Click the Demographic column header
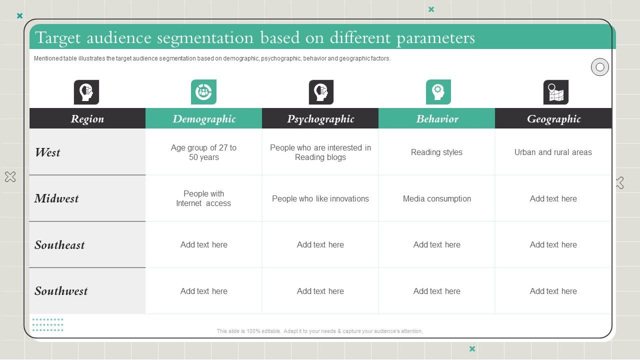pos(204,119)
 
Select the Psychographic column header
pos(320,119)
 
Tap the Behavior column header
pos(437,119)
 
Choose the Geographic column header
pos(553,119)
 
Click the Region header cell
pos(87,119)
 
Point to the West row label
pos(48,152)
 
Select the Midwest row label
pos(56,198)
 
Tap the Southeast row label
pos(59,245)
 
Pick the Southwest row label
pos(61,291)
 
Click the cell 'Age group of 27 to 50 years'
pos(204,152)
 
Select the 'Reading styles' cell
pos(436,152)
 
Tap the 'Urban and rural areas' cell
pos(553,152)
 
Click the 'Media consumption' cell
pos(437,198)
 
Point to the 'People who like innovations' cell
pos(320,198)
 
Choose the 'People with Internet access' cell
pos(203,198)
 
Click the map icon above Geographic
pos(556,92)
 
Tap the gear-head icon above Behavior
pos(438,92)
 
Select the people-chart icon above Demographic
pos(203,92)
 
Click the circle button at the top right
pos(600,67)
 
